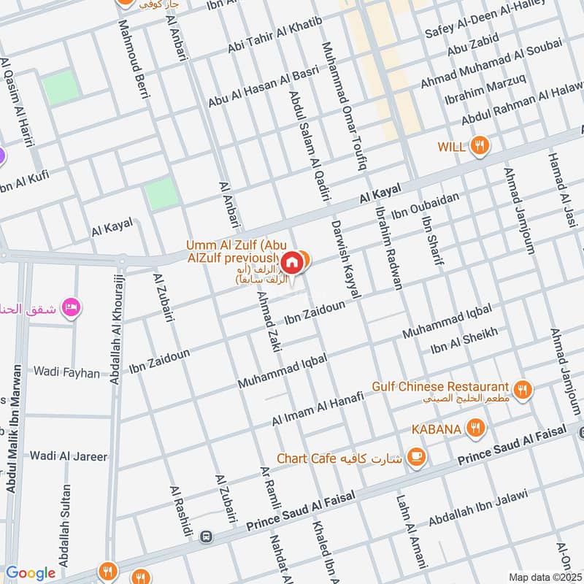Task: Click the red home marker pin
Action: coord(291,261)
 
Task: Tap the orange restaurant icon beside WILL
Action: coord(479,145)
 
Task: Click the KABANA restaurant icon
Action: coord(475,428)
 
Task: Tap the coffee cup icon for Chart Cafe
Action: coord(416,458)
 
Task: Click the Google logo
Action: coord(30,573)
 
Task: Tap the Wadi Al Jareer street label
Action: coord(68,456)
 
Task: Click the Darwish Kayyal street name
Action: coord(346,259)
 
